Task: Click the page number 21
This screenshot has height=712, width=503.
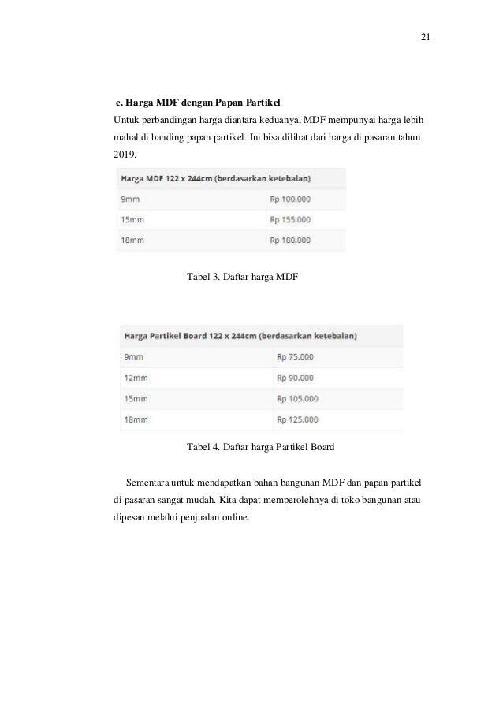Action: [426, 38]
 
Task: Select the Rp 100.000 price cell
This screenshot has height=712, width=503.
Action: [290, 199]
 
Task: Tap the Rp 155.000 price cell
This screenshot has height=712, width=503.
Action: [290, 219]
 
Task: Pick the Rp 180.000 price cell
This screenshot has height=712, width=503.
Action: [290, 240]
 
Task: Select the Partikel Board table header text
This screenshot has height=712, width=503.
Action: [239, 335]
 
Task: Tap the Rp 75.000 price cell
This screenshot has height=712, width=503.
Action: [296, 356]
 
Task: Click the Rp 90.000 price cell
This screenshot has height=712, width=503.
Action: [296, 377]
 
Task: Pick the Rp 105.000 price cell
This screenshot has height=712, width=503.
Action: [298, 398]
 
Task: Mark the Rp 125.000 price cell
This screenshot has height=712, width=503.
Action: [298, 419]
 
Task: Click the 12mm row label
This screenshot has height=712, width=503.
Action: [136, 377]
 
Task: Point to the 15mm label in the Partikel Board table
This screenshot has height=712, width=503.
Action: [136, 398]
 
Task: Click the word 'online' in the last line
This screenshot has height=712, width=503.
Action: [229, 518]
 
